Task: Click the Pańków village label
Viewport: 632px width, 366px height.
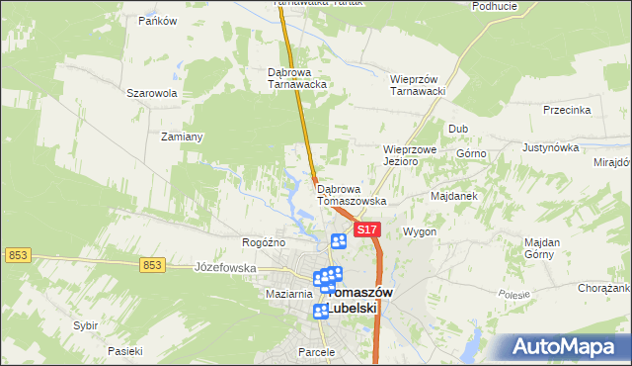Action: (x=158, y=20)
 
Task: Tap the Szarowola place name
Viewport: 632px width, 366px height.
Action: (x=151, y=93)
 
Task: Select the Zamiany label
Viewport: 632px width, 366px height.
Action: (x=182, y=137)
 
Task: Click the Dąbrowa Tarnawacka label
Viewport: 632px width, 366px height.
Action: (x=297, y=78)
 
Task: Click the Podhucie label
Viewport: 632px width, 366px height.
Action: (x=496, y=6)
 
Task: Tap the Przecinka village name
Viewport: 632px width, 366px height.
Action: (x=567, y=111)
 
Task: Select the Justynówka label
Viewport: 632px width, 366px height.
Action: (x=550, y=147)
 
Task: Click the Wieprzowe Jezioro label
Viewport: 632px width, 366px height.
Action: (x=410, y=155)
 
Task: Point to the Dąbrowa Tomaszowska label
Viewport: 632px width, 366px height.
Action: (x=352, y=194)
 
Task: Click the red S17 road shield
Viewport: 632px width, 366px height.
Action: (x=366, y=229)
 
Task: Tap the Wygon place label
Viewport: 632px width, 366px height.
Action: (x=420, y=231)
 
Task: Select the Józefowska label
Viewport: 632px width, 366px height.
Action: (x=225, y=268)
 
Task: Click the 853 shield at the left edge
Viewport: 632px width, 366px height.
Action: (x=17, y=255)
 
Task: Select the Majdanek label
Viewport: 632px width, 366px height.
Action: (x=454, y=196)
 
